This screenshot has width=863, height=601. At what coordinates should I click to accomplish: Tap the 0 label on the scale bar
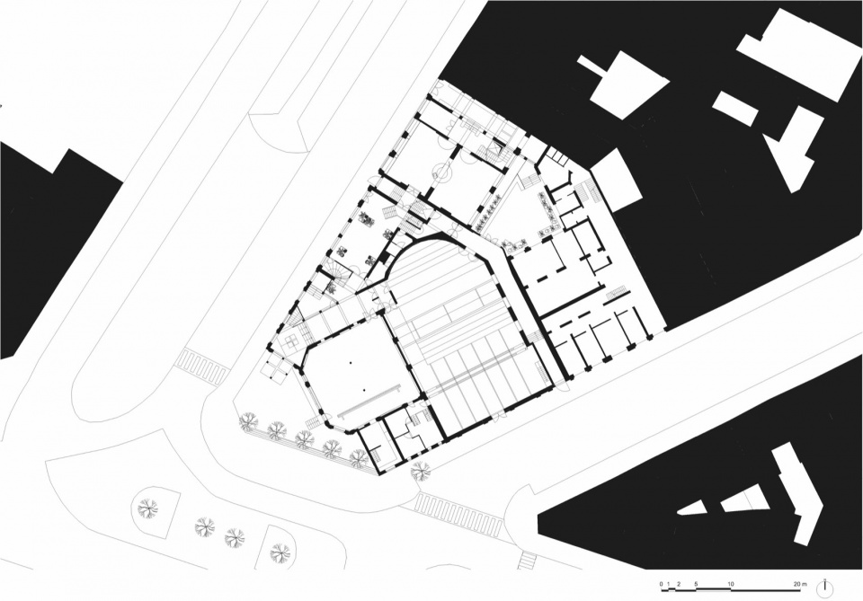662,583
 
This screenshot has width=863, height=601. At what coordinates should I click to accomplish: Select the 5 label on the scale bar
696,583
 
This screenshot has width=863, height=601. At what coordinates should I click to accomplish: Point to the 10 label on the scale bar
731,583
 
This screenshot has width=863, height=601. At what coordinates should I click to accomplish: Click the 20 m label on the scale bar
800,583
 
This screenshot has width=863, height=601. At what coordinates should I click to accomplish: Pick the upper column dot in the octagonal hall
350,363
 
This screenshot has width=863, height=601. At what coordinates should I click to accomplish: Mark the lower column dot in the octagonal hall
364,391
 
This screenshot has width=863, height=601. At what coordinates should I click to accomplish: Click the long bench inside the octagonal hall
369,401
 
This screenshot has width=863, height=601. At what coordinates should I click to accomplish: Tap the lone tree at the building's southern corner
421,471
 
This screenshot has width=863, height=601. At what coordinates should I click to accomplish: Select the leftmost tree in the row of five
249,421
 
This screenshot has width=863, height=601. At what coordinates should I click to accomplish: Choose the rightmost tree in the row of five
359,457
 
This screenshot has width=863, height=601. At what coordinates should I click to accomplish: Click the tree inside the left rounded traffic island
147,508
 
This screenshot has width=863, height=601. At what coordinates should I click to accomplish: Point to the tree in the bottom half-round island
280,550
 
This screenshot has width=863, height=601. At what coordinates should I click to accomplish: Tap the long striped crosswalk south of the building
458,513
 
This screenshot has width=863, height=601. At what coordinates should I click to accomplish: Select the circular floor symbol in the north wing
441,172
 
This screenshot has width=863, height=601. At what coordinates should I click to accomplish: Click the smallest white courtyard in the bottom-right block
692,508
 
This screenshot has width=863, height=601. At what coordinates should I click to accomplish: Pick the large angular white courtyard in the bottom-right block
797,495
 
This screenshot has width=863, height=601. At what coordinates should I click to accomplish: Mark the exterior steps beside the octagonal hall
312,422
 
